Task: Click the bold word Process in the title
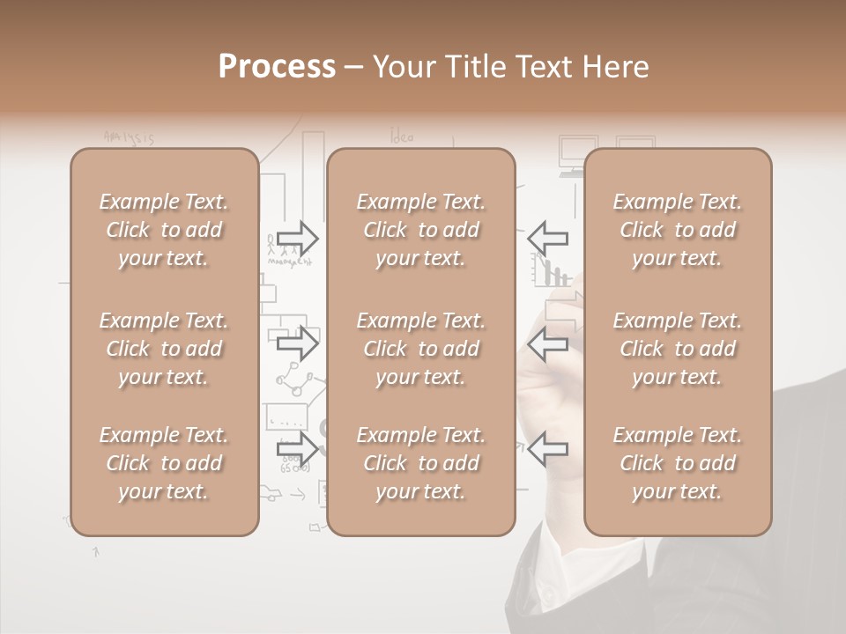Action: coord(277,67)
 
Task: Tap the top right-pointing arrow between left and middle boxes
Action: coord(298,238)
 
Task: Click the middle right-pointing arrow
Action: coord(298,343)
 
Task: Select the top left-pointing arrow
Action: coord(548,238)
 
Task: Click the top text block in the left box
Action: coord(164,230)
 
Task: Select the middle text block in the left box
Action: coord(164,349)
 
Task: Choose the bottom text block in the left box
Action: coord(164,463)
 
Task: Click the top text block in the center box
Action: coord(421,230)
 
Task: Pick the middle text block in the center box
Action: coord(421,349)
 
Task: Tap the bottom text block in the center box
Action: coord(421,463)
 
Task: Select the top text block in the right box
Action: coord(678,230)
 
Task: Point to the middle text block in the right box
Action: coord(678,349)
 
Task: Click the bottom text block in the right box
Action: coord(678,463)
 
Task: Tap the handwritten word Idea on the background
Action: coord(401,136)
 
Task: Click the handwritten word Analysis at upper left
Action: coord(129,137)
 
